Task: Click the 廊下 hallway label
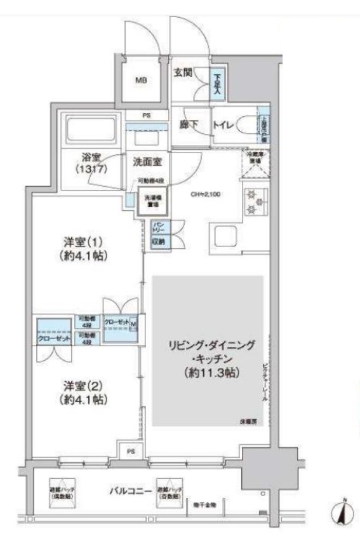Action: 186,125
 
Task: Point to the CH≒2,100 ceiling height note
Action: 206,195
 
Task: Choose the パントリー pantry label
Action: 158,227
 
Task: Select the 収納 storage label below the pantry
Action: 158,241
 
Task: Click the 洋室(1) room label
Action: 81,248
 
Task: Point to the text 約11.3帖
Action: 209,373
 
